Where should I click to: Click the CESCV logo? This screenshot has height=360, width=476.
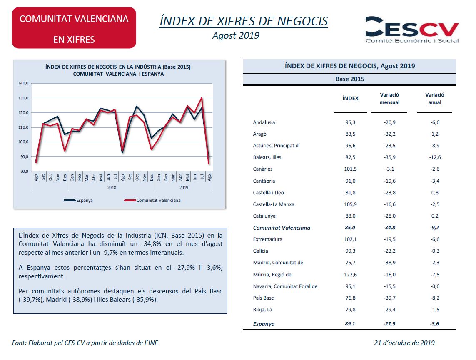point(412,30)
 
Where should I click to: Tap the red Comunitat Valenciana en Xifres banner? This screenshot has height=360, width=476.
point(74,28)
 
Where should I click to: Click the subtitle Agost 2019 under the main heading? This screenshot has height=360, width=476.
point(236,35)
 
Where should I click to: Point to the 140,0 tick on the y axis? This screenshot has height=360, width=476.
point(23,83)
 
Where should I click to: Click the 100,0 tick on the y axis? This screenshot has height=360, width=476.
point(23,142)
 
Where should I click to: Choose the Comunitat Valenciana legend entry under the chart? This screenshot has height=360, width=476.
point(152,200)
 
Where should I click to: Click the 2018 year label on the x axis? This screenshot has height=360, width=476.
point(112,187)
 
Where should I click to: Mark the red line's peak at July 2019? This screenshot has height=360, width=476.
point(202,98)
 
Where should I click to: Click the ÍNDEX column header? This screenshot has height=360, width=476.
point(350,99)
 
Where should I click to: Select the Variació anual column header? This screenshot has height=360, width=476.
point(435,99)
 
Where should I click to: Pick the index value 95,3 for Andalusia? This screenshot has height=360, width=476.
point(350,122)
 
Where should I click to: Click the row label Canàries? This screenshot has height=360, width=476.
point(263,169)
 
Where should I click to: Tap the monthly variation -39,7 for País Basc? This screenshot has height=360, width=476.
point(389,298)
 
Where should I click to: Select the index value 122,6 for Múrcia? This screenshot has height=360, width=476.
point(350,274)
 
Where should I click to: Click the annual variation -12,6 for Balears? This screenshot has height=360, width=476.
point(435,157)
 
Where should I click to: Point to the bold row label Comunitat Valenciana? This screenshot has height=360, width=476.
point(282,228)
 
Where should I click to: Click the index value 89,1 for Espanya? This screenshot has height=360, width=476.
point(350,324)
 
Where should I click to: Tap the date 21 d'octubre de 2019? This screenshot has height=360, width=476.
point(404,343)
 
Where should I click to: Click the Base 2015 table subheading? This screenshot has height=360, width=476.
point(350,79)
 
